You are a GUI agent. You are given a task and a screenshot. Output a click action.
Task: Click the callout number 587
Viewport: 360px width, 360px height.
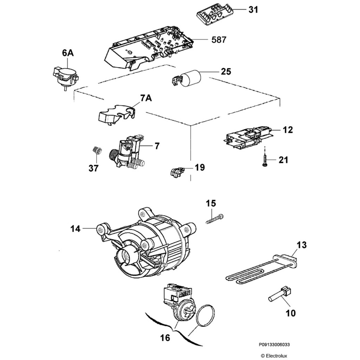coord(219,40)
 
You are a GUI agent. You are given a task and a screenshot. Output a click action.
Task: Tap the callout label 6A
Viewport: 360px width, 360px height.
coord(67,53)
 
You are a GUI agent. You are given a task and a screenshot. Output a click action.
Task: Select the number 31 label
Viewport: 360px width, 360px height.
coord(253,10)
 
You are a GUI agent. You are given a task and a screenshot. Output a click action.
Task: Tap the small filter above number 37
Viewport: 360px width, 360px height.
coord(97,152)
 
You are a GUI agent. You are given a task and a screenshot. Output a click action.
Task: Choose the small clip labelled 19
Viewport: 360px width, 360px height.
coord(177,172)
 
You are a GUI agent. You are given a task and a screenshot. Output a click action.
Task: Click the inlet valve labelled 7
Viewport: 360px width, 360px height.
coord(128,153)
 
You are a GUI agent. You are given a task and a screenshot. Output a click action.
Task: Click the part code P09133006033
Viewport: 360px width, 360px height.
coord(275,345)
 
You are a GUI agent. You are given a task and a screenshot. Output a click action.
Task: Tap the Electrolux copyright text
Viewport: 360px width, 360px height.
coord(274,356)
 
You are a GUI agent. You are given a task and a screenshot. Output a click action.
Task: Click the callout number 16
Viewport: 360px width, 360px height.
coord(165,338)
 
